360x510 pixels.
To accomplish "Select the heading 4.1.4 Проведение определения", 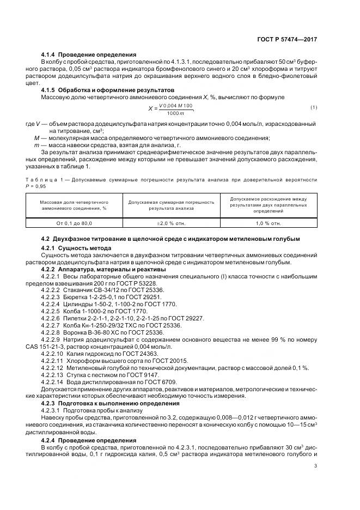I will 89,55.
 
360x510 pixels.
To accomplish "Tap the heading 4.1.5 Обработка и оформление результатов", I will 108,89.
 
